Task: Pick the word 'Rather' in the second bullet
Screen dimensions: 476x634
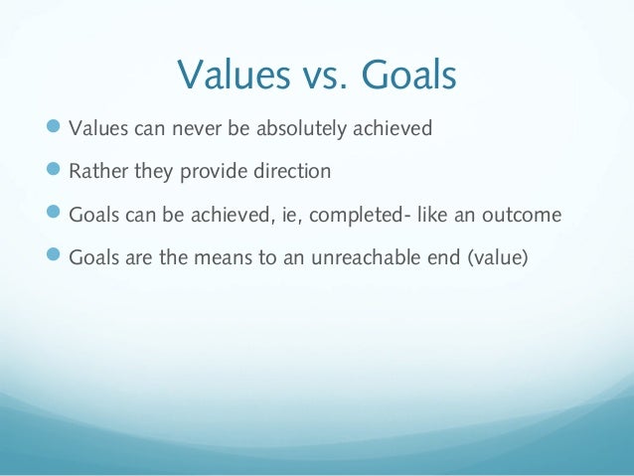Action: click(x=95, y=172)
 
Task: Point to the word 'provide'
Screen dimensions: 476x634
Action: click(x=212, y=172)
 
